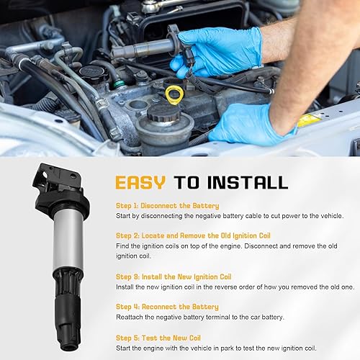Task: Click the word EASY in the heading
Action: [x=140, y=181]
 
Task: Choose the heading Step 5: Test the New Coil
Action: [x=159, y=337]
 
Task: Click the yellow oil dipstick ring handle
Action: [x=174, y=94]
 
